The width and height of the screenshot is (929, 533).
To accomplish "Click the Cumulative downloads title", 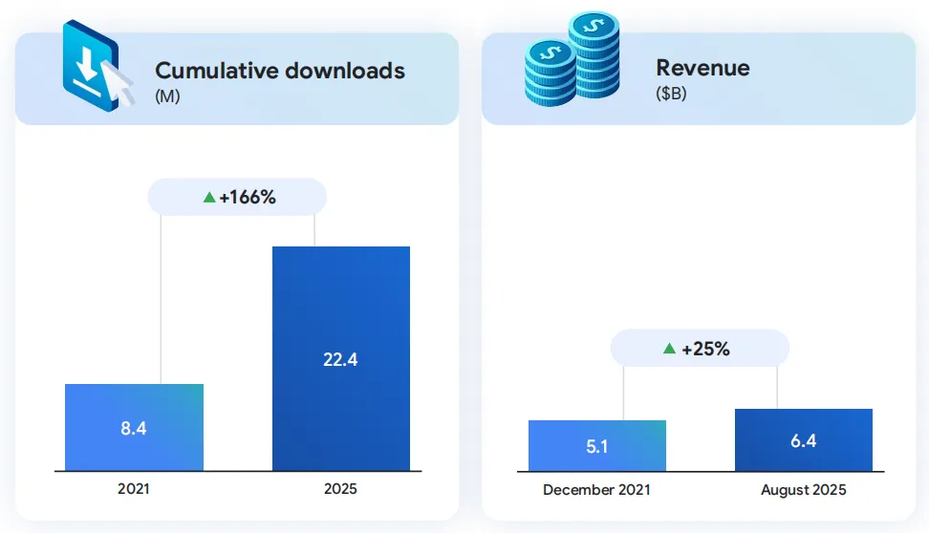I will point(279,71).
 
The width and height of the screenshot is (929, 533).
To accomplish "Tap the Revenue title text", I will point(702,68).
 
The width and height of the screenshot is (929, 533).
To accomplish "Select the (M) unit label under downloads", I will point(167,96).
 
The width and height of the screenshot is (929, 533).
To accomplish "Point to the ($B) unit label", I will point(671,94).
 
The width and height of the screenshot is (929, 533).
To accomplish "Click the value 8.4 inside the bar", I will point(134,428).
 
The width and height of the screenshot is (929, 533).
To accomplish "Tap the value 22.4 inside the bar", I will point(340,359).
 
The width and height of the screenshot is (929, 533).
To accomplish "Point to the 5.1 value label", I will point(596,446).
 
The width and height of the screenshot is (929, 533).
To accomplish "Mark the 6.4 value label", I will point(803,440).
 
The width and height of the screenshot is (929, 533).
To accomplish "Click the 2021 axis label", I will point(134,489).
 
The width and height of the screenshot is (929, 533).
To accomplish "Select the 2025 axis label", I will point(340,489).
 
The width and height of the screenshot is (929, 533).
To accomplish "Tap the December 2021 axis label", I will point(596,490).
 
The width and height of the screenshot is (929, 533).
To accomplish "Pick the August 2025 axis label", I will point(803,490).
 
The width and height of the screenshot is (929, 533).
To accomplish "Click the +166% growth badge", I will point(238,198).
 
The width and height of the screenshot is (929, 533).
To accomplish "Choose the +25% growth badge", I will point(700,349).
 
